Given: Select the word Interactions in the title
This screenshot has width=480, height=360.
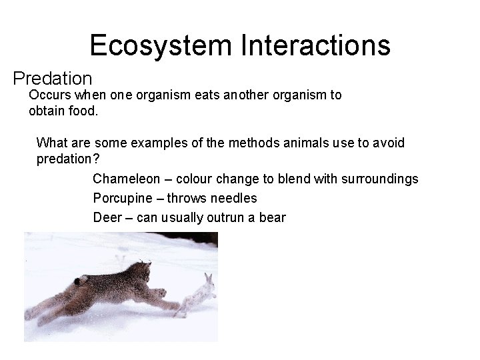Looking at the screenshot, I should tap(316, 45).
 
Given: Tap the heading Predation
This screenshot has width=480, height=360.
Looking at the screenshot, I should tap(53, 79).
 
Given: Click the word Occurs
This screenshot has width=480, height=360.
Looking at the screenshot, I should tap(49, 95).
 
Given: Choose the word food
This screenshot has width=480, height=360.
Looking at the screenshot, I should tap(83, 111).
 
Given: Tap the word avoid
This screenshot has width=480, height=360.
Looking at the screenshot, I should tap(389, 143).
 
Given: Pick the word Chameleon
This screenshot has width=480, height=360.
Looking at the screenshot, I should tap(127, 179).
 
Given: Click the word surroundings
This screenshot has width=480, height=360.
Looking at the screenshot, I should tap(380, 179).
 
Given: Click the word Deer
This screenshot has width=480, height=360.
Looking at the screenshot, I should tap(107, 217).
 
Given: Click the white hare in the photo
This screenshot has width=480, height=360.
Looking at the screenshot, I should tap(200, 296).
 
